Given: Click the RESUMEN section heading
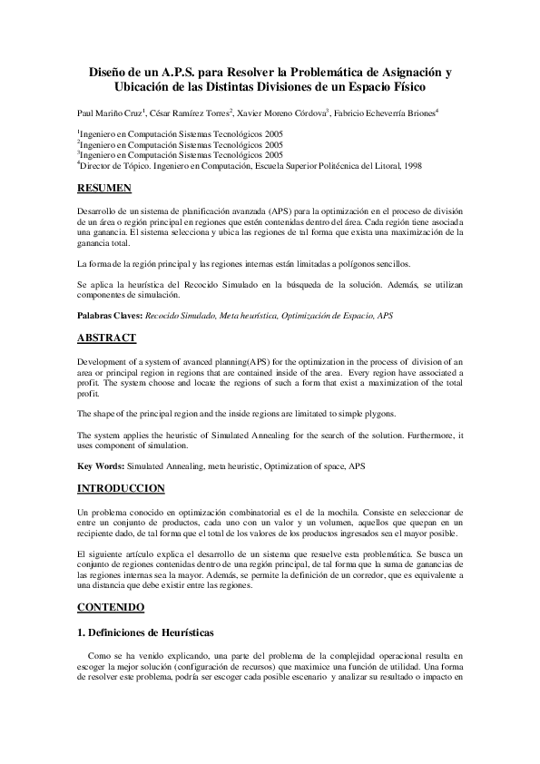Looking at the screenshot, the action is click(x=105, y=189).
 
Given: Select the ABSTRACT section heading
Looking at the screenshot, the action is click(x=106, y=338).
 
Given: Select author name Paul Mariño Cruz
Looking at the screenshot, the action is click(x=109, y=113).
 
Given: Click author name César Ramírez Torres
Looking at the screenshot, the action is click(x=188, y=113).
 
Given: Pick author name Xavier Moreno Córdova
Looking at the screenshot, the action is click(x=280, y=113).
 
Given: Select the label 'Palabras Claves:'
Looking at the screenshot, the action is click(x=109, y=315).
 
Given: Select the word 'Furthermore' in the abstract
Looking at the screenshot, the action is click(x=417, y=436).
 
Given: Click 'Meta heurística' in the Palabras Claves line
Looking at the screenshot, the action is click(x=253, y=315).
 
